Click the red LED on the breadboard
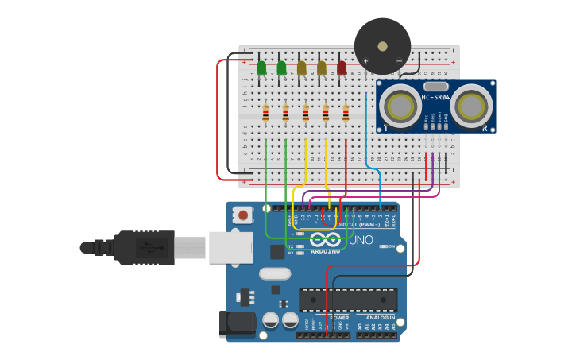[342, 68]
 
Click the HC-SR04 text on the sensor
[435, 98]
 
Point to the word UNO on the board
[361, 239]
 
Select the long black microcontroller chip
[348, 300]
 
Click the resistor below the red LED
[346, 114]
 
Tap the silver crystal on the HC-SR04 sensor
[435, 86]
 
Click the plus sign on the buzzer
[366, 60]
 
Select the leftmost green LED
[261, 68]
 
